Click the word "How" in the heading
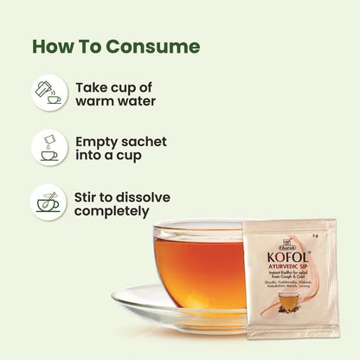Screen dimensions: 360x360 (53, 46)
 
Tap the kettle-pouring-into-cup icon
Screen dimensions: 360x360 (51, 93)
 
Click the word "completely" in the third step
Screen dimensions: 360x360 (114, 210)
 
